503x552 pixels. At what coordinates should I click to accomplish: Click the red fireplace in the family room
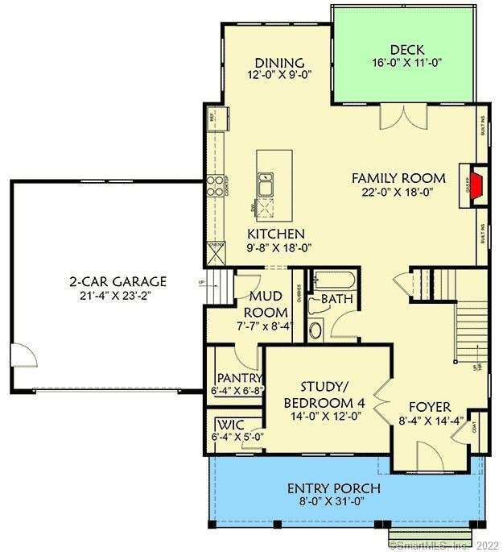click(475, 185)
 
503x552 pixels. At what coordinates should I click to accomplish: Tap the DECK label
click(407, 50)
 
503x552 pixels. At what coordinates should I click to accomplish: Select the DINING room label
click(278, 64)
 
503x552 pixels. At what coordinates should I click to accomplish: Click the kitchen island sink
click(266, 187)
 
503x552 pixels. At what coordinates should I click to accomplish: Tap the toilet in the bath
click(315, 329)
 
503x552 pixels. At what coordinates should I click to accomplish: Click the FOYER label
click(429, 407)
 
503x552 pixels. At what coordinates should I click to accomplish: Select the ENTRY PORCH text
click(334, 489)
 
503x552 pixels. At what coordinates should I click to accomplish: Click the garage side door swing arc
click(22, 355)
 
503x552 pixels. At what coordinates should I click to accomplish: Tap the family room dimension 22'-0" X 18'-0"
click(398, 192)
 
